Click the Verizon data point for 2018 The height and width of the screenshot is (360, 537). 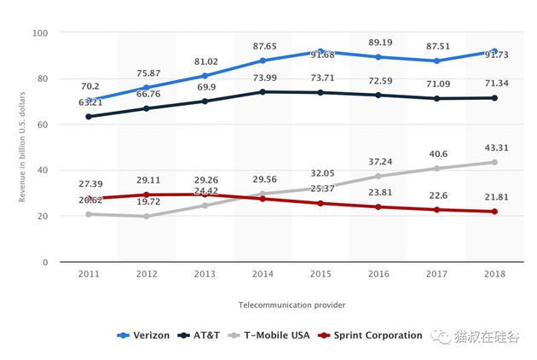pyautogui.click(x=494, y=51)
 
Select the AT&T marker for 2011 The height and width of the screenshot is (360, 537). pyautogui.click(x=89, y=117)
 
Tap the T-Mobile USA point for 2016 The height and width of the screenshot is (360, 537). pyautogui.click(x=378, y=177)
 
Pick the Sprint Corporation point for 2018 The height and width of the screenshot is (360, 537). pyautogui.click(x=494, y=212)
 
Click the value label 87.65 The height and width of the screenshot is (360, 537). pyautogui.click(x=263, y=46)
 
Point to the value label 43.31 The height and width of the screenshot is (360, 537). pyautogui.click(x=494, y=148)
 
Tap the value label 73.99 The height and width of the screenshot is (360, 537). pyautogui.click(x=263, y=78)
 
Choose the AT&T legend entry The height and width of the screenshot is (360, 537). pyautogui.click(x=203, y=335)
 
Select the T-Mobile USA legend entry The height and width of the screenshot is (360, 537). pyautogui.click(x=274, y=335)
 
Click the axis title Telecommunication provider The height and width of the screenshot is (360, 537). pyautogui.click(x=292, y=305)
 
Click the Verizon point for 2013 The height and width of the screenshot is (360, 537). pyautogui.click(x=205, y=76)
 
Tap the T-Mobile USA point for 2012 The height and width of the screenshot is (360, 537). pyautogui.click(x=147, y=217)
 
